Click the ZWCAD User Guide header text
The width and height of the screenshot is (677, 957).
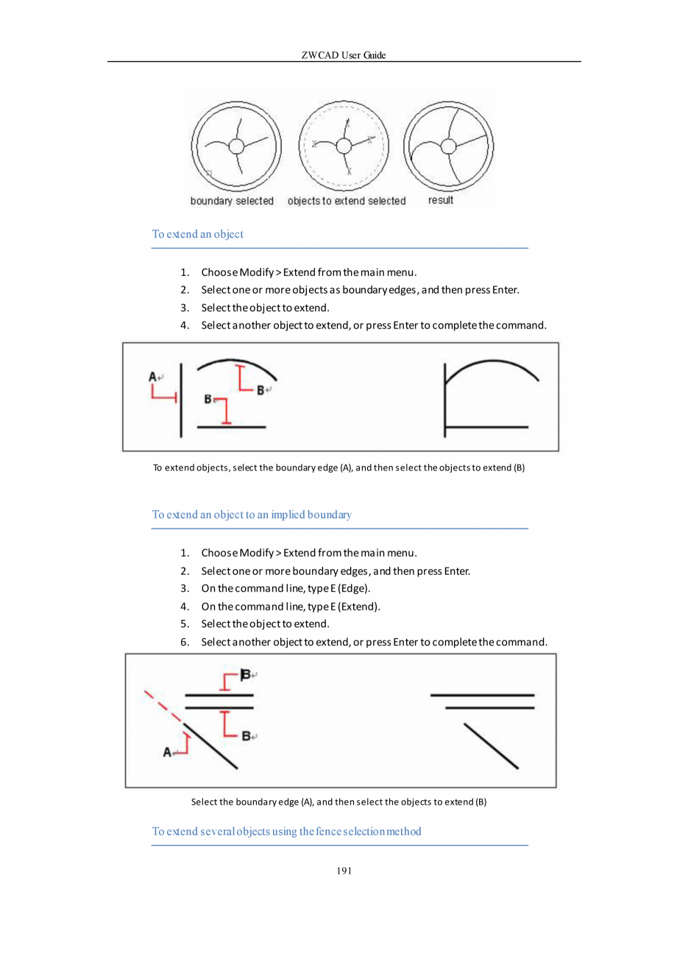pyautogui.click(x=344, y=56)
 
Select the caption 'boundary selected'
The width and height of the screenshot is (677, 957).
pyautogui.click(x=232, y=201)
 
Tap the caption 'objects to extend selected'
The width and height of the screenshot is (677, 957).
pyautogui.click(x=346, y=201)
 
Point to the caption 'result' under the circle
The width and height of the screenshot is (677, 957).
pyautogui.click(x=441, y=200)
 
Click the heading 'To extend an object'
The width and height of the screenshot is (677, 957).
pyautogui.click(x=197, y=234)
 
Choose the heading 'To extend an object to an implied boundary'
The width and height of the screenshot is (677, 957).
pyautogui.click(x=251, y=514)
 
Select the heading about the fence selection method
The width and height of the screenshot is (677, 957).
pyautogui.click(x=286, y=831)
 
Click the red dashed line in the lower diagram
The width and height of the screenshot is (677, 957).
pyautogui.click(x=162, y=705)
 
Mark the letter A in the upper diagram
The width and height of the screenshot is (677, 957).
pyautogui.click(x=152, y=377)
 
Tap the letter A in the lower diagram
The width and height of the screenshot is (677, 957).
pyautogui.click(x=166, y=752)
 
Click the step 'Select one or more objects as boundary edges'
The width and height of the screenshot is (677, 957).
pyautogui.click(x=361, y=289)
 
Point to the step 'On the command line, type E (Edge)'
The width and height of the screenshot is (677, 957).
pyautogui.click(x=286, y=588)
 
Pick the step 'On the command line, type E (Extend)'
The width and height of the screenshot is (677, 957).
pyautogui.click(x=291, y=607)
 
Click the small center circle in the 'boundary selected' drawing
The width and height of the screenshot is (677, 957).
pyautogui.click(x=236, y=146)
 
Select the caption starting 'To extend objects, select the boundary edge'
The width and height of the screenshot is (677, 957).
pyautogui.click(x=338, y=467)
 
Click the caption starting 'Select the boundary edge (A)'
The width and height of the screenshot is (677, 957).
pyautogui.click(x=338, y=802)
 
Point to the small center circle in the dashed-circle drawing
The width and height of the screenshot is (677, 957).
pyautogui.click(x=343, y=146)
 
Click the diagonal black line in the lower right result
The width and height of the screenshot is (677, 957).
pyautogui.click(x=491, y=746)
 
